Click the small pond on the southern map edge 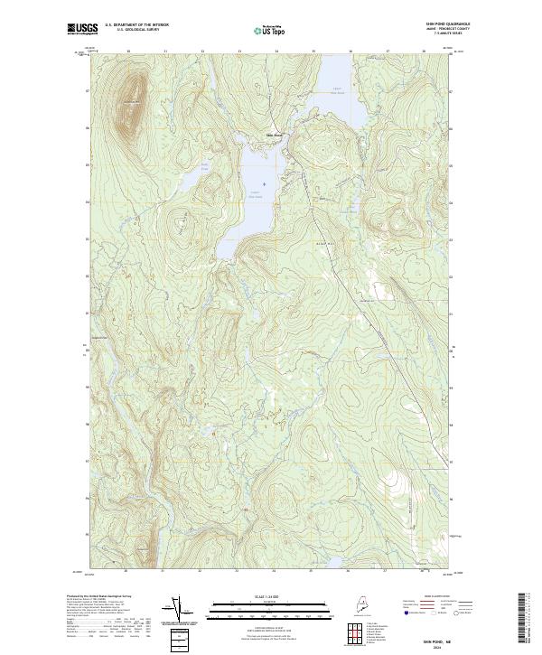tap(332, 567)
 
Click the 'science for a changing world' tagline tap(80, 34)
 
